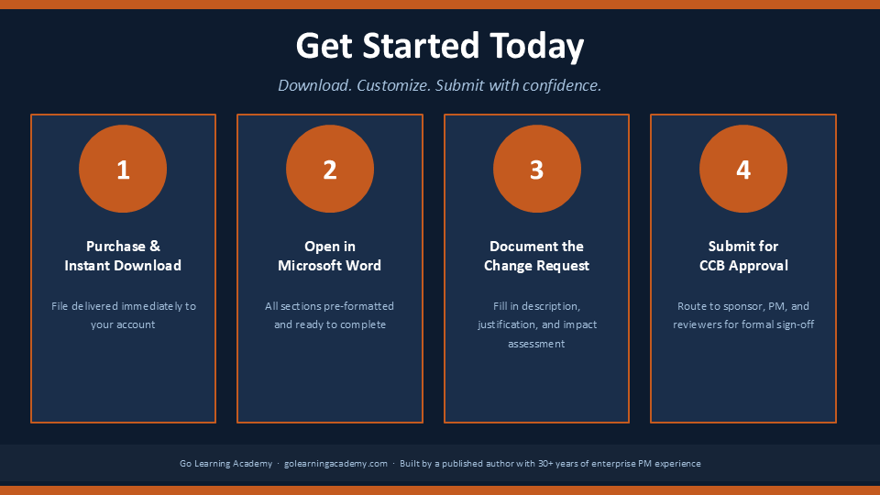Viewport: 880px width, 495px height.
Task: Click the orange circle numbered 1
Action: click(123, 169)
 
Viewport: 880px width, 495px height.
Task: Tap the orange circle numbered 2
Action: click(330, 169)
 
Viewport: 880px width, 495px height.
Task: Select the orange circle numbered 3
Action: click(537, 169)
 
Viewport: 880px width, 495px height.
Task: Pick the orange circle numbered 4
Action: click(743, 169)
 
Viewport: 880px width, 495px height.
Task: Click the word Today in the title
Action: click(536, 47)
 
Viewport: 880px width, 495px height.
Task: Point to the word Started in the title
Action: click(421, 46)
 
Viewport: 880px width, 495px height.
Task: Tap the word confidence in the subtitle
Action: click(563, 85)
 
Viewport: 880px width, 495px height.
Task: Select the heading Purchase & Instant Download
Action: click(123, 256)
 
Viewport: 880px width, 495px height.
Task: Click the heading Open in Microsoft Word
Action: click(330, 256)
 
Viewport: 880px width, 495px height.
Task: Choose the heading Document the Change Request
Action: click(536, 256)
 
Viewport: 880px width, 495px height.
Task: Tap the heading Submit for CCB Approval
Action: click(743, 256)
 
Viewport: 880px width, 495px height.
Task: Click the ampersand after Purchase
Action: click(155, 247)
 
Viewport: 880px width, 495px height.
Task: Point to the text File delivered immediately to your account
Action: click(124, 315)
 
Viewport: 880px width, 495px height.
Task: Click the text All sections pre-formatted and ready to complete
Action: click(330, 315)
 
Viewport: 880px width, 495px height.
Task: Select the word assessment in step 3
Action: click(536, 344)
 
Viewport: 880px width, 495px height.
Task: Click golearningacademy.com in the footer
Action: click(335, 464)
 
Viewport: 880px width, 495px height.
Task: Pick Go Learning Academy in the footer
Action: click(225, 464)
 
